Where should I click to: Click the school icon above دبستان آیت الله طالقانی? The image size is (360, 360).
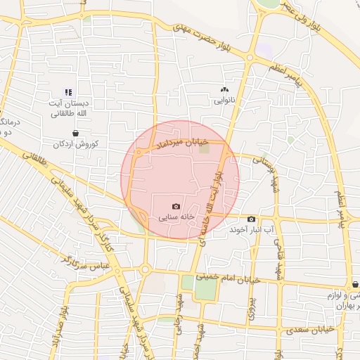[x=69, y=92]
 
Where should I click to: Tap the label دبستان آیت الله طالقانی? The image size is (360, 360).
[x=68, y=108]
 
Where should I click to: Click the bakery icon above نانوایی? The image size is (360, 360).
[x=225, y=90]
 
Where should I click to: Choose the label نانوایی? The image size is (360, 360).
[x=224, y=101]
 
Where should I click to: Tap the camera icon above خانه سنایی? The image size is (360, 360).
[x=176, y=207]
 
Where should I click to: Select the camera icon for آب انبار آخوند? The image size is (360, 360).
[x=252, y=219]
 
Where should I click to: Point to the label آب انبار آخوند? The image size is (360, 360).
[x=252, y=230]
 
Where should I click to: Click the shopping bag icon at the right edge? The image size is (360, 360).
[x=355, y=285]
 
